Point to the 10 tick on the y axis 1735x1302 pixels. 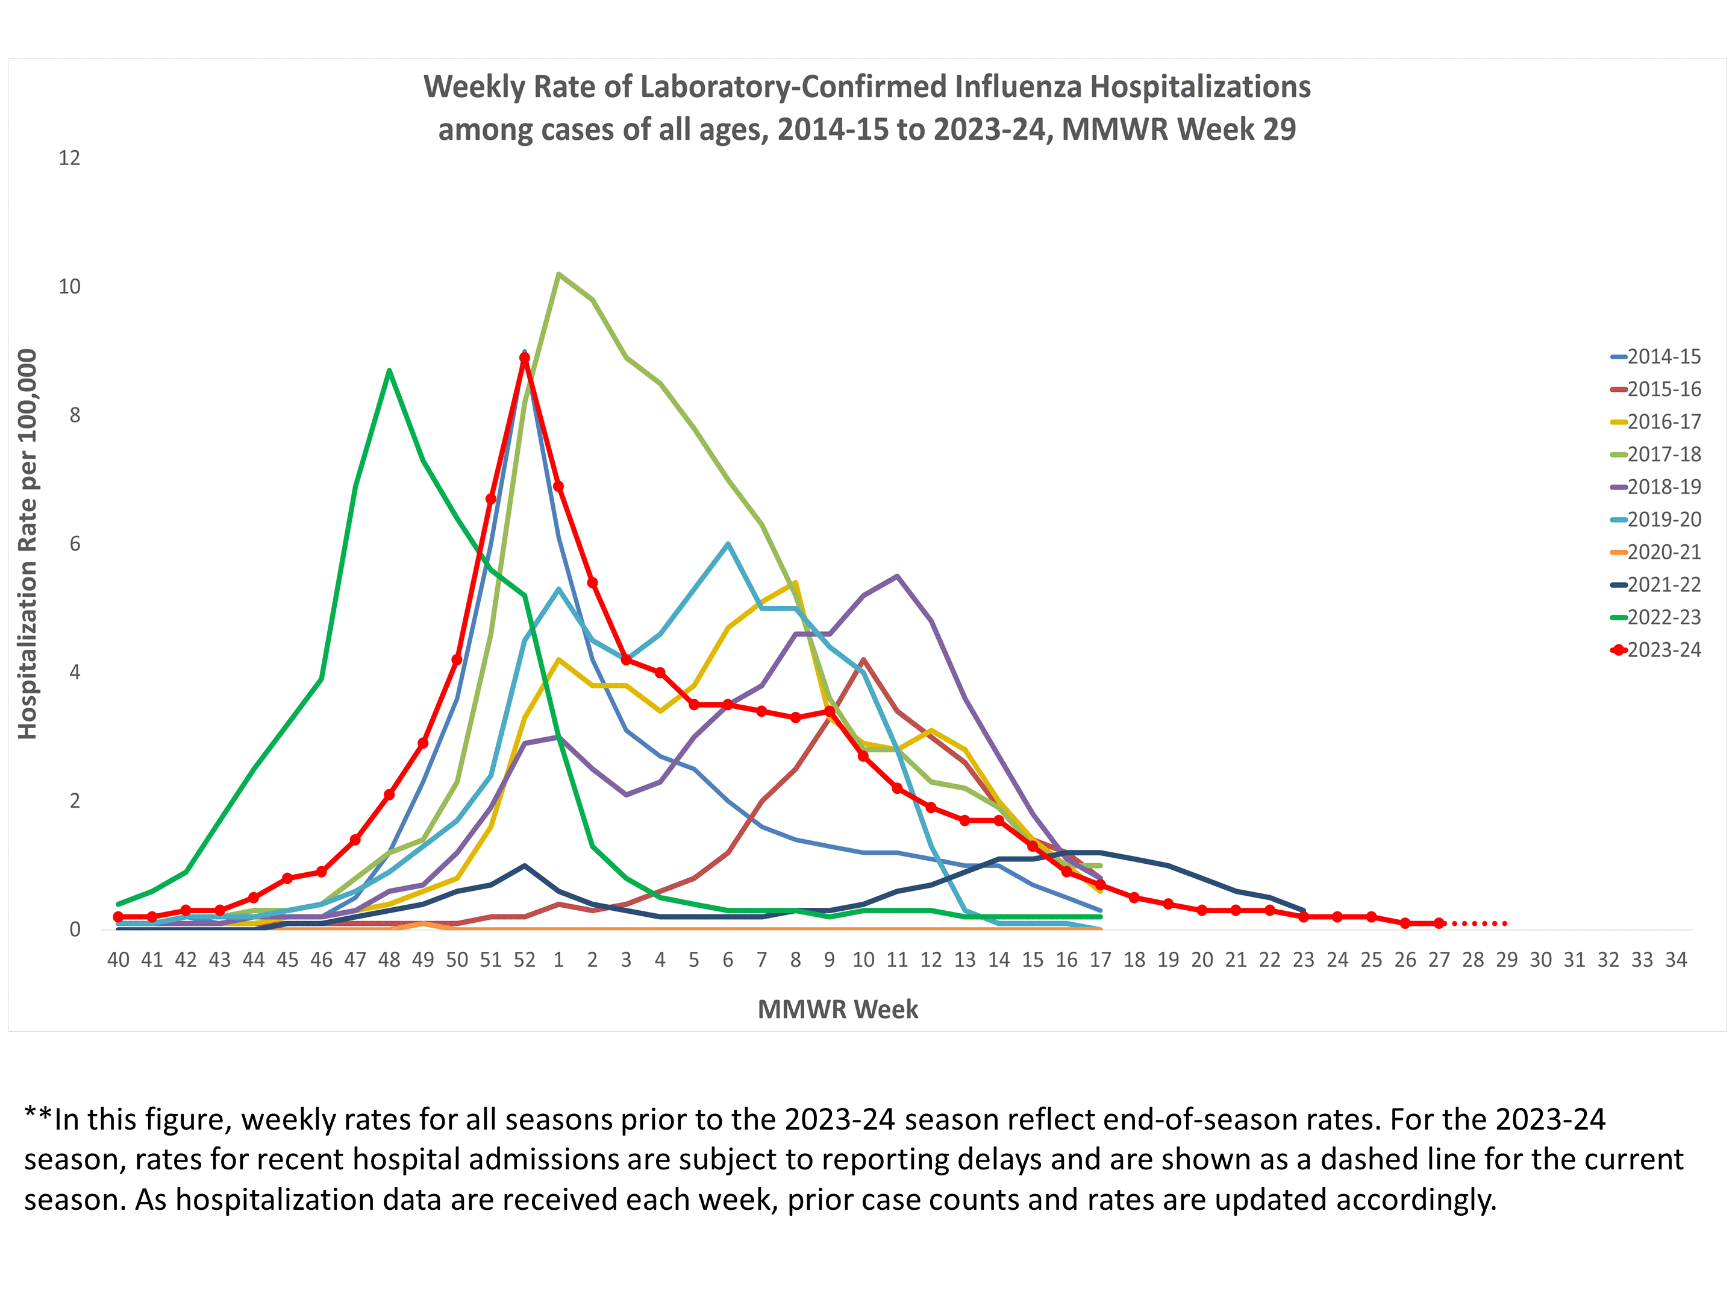point(70,286)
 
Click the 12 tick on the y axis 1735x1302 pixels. point(70,158)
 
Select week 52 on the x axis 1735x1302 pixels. point(524,960)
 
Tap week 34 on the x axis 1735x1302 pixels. point(1676,960)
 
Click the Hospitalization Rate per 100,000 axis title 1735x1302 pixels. point(28,544)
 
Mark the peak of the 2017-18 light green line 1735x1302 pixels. point(558,274)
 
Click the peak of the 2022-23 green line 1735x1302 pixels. point(389,371)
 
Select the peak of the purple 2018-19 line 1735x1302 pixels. point(896,576)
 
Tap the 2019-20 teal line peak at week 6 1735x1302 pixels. point(728,544)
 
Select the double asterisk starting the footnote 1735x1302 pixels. point(37,1118)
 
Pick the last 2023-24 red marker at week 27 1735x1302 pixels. point(1439,923)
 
